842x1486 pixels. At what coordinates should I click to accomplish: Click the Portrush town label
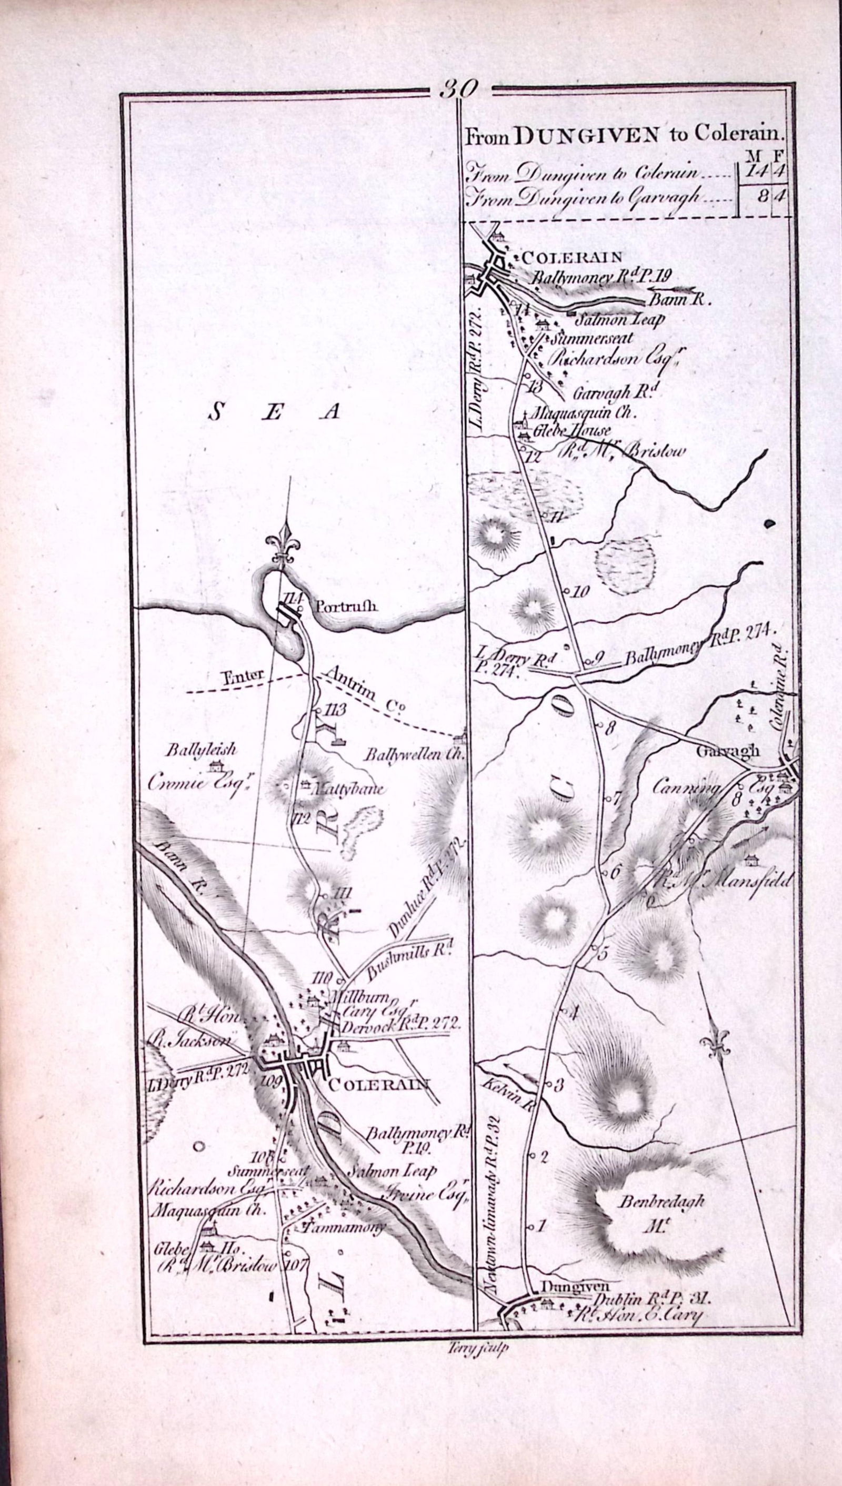pyautogui.click(x=347, y=606)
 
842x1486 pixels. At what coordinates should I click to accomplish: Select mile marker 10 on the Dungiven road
pyautogui.click(x=580, y=591)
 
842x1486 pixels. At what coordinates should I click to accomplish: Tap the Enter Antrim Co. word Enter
pyautogui.click(x=244, y=674)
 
